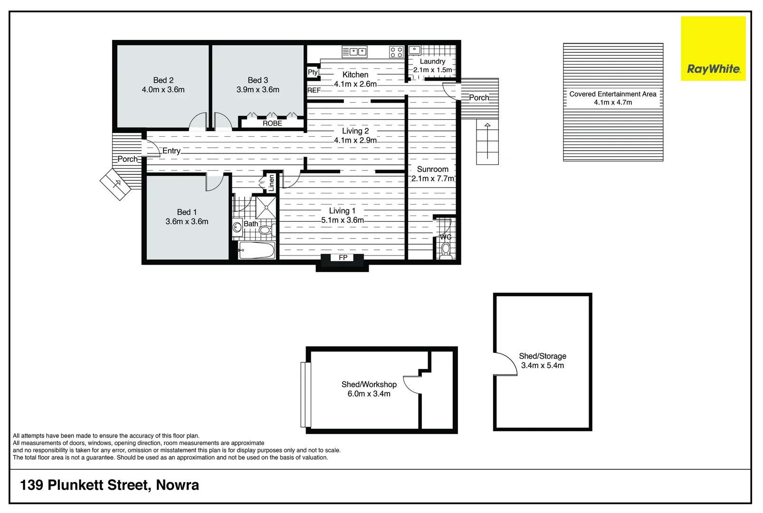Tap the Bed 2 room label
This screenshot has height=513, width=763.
(x=163, y=80)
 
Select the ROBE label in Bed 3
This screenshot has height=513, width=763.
(x=272, y=123)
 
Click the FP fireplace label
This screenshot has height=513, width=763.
(x=343, y=257)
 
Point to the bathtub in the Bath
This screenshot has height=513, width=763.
(x=257, y=250)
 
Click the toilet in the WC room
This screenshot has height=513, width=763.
(x=446, y=249)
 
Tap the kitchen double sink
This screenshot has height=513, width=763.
(x=355, y=52)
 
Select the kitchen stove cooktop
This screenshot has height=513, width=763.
(x=396, y=52)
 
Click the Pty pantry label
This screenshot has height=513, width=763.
(x=313, y=72)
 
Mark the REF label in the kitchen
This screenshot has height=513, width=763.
(x=314, y=90)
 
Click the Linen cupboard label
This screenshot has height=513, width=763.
(x=271, y=182)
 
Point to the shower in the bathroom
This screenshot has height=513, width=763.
(x=266, y=208)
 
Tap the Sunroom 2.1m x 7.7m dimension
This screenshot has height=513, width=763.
(x=432, y=179)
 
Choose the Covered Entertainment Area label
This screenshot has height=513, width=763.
(x=613, y=94)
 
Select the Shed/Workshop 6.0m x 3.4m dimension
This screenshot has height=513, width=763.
(x=369, y=394)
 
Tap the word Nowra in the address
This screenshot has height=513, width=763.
(x=178, y=485)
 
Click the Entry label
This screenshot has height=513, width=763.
(x=171, y=151)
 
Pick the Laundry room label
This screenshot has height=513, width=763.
(x=432, y=61)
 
